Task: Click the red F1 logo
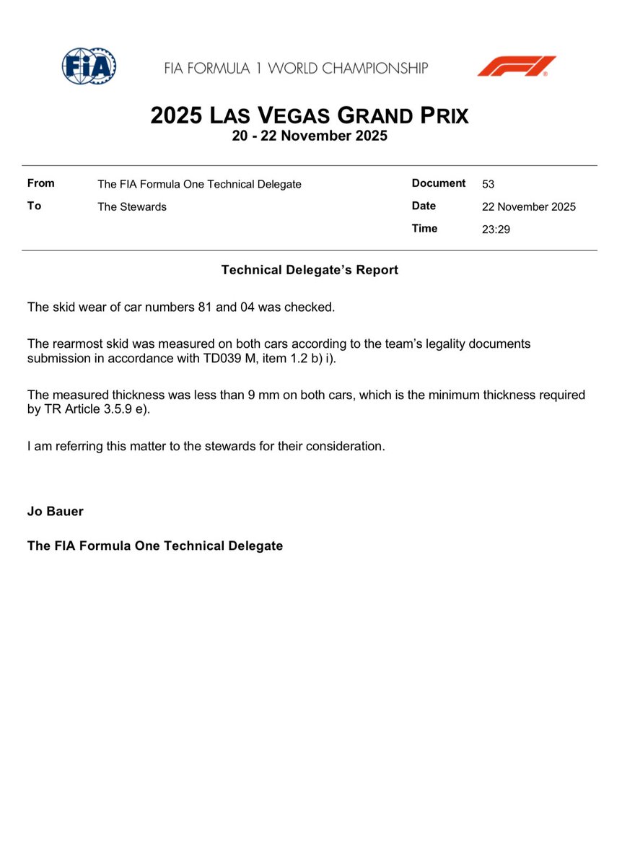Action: (x=516, y=66)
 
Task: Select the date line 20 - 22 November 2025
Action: (x=310, y=136)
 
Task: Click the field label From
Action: (x=40, y=183)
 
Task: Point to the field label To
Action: (x=34, y=206)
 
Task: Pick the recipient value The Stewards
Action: (x=132, y=207)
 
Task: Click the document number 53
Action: (x=489, y=184)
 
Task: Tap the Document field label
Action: (x=438, y=183)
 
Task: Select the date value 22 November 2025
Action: (x=528, y=207)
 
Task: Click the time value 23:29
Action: (x=495, y=229)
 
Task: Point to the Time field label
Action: (x=424, y=229)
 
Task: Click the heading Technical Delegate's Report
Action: (x=310, y=271)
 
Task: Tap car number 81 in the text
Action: (x=204, y=307)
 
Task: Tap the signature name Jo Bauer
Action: (x=56, y=512)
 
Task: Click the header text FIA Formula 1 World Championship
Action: (x=296, y=69)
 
